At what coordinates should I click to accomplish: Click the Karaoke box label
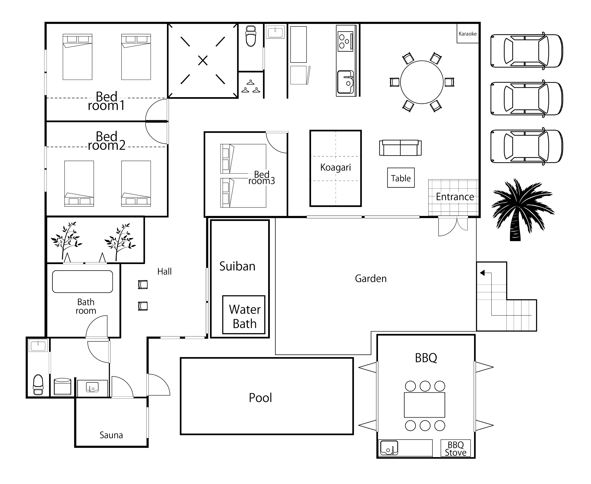coord(468,34)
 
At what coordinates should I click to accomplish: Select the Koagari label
coord(335,167)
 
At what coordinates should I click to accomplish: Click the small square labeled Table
coord(401,178)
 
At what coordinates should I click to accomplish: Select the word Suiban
coord(237,266)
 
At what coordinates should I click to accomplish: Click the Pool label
coord(260,398)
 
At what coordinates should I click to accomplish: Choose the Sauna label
coord(111,435)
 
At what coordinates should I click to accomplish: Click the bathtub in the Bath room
coord(82,282)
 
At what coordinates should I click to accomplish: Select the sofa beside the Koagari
coord(400,148)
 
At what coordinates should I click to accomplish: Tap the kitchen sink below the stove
coord(345,82)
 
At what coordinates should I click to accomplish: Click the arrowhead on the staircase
coord(482,273)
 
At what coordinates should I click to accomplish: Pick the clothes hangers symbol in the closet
coord(250,86)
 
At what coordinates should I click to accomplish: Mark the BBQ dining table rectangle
coord(424,405)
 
